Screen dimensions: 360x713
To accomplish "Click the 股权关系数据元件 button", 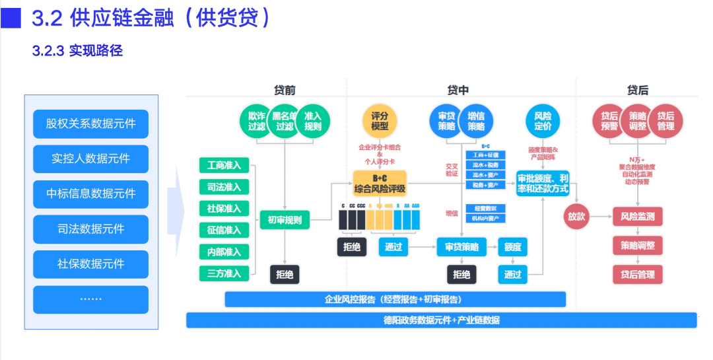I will [90, 124].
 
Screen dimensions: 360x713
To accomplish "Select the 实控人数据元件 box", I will [90, 159].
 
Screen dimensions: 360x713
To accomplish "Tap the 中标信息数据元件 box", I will [90, 194].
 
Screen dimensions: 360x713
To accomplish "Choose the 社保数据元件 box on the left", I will [90, 264].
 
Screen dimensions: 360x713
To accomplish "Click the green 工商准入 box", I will [224, 166].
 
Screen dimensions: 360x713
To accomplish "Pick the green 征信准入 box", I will [224, 230].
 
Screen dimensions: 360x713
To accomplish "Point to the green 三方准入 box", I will [224, 272].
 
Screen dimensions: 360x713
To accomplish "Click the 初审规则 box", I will [285, 220].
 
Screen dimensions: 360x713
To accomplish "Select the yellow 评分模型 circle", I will [380, 121].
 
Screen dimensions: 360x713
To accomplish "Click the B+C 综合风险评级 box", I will [380, 183].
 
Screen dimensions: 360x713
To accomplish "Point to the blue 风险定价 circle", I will [543, 121].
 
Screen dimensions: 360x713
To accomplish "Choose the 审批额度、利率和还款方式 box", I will [543, 183].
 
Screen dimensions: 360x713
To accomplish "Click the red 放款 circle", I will [576, 217].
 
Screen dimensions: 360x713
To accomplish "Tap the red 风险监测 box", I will [637, 216].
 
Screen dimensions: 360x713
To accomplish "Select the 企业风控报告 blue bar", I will [395, 299].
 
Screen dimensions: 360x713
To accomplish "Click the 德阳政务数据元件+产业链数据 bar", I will [441, 320].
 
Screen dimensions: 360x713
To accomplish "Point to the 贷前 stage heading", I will [285, 90].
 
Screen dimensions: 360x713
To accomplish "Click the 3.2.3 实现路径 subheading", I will [77, 51].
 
